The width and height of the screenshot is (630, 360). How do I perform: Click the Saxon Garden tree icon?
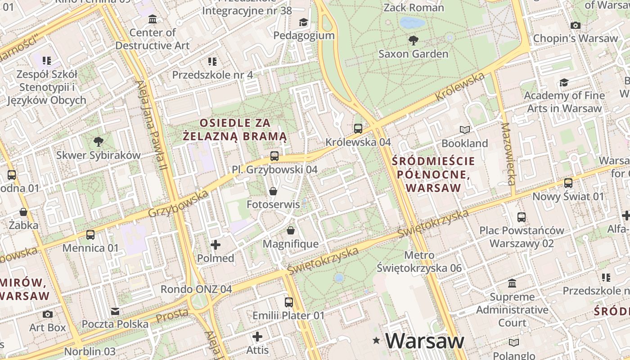(413, 40)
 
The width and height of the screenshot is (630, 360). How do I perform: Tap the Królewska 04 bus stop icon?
(358, 129)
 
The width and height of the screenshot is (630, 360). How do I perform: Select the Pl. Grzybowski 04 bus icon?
(274, 156)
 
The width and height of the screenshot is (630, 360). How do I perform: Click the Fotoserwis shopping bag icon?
(273, 191)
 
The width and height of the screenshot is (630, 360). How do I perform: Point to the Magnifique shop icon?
(291, 230)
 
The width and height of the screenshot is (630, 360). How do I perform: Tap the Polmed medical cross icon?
(216, 245)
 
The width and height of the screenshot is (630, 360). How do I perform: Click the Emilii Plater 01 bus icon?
(288, 302)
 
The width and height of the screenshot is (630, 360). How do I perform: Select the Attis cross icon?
(257, 337)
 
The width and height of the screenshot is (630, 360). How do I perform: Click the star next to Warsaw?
(376, 342)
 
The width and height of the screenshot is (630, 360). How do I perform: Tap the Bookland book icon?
(465, 130)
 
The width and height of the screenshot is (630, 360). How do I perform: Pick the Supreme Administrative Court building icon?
(512, 283)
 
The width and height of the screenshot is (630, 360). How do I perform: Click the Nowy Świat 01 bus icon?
(568, 183)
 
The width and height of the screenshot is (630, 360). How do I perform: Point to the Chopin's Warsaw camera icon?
(576, 25)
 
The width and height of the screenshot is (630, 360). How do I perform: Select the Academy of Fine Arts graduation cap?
(564, 82)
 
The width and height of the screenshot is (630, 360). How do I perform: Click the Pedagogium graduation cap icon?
(304, 22)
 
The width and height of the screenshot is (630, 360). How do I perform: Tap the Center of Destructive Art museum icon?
(153, 19)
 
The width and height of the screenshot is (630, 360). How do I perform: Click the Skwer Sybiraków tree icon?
(98, 142)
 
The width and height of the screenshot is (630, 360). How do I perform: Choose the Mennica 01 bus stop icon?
(90, 234)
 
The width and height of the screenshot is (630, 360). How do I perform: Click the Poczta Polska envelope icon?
(115, 311)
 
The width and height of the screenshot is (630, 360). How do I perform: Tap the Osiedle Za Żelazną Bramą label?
(234, 129)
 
